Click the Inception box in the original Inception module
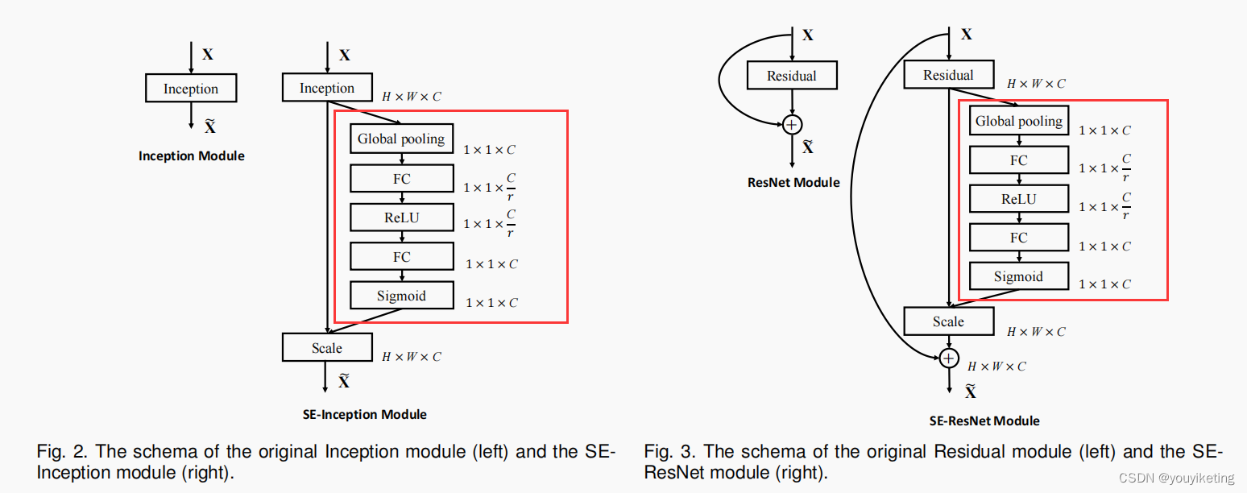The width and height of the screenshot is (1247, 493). pos(191,89)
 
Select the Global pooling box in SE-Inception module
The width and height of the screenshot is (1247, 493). pos(401,139)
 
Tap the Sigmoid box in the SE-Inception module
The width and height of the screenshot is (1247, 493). pos(401,296)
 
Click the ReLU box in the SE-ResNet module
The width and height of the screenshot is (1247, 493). pos(1018,199)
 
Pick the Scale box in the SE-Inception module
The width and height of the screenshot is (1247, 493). pos(327,348)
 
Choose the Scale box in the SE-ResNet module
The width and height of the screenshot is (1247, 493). pos(948,321)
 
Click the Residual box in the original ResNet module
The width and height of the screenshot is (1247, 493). pos(792,77)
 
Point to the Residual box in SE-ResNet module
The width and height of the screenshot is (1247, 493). pos(948,76)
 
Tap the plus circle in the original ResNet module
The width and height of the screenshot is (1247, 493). pos(793,124)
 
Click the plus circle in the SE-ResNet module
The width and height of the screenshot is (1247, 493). pos(950,358)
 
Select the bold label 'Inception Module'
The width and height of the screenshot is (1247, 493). pos(191,155)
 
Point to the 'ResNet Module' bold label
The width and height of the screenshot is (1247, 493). pos(793,182)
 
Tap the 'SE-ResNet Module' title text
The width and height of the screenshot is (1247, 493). pos(984,420)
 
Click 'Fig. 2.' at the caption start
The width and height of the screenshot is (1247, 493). pos(59,452)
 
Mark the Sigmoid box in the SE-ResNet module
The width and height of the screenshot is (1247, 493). pos(1018,276)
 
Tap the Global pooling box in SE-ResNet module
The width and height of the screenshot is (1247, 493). pos(1018,122)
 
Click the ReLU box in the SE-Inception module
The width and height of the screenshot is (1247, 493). pos(401,217)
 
